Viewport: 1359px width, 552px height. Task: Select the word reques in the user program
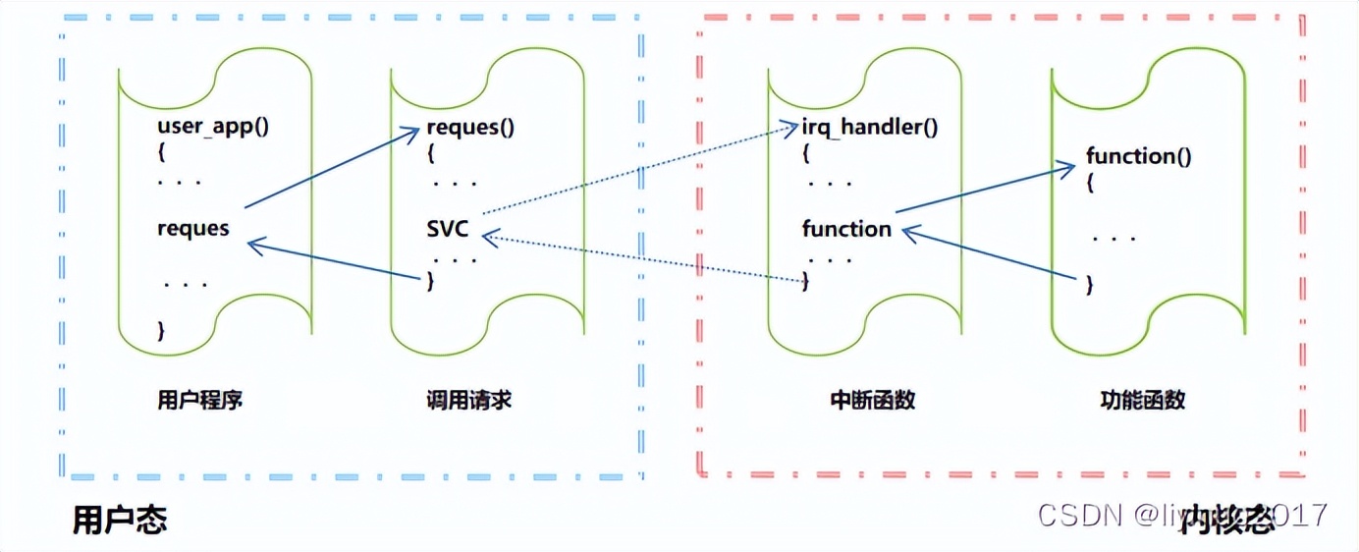click(192, 229)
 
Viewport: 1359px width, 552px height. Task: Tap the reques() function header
click(470, 128)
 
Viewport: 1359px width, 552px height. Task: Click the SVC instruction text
click(447, 230)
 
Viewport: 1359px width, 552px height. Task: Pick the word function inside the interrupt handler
click(846, 229)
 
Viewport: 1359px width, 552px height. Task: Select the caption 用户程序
click(199, 400)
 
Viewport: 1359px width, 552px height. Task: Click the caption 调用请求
click(468, 400)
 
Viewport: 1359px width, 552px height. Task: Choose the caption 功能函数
click(1142, 400)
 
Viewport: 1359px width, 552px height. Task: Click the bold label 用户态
click(120, 520)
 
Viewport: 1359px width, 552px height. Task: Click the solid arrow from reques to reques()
click(329, 172)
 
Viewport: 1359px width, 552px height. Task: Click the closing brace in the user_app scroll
click(161, 330)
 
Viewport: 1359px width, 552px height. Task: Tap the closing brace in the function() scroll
click(1089, 285)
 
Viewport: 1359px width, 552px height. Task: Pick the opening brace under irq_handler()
click(805, 154)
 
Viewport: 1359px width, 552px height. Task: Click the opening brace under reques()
click(430, 154)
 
